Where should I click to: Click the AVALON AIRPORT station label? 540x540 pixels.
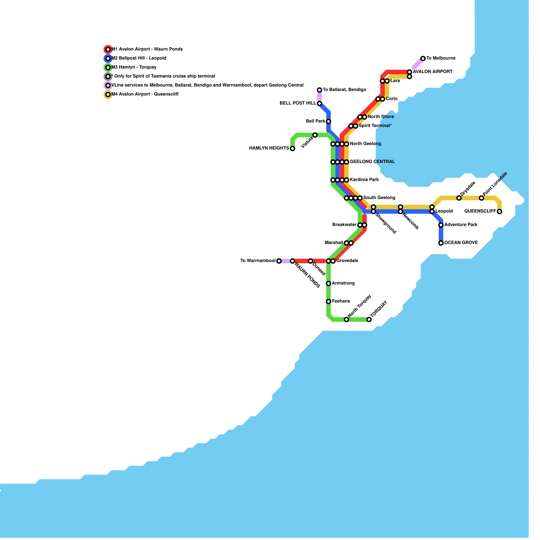(432, 72)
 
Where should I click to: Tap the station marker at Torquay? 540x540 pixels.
(369, 319)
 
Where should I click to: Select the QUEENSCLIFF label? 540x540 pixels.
(480, 211)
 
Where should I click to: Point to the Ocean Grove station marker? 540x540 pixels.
(441, 243)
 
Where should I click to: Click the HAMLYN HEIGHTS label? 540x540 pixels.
(269, 148)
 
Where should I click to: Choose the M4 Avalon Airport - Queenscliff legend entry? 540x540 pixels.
(145, 94)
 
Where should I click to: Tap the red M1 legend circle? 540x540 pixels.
(108, 49)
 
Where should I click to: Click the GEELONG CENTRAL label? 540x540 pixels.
(372, 162)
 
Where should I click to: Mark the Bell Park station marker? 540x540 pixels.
(328, 122)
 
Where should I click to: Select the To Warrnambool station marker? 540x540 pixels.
(279, 261)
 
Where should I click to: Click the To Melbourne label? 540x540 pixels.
(441, 58)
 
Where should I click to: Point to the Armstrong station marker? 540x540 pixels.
(328, 283)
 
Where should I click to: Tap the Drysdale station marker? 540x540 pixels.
(459, 198)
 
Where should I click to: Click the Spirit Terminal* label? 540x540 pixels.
(375, 126)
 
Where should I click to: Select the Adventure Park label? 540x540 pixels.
(461, 225)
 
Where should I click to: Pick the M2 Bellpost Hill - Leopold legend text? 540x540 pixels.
(139, 58)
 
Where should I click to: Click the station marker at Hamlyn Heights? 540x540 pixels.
(292, 148)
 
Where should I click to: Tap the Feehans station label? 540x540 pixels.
(341, 301)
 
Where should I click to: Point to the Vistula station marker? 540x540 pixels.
(315, 135)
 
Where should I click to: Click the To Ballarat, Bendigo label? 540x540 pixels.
(344, 90)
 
